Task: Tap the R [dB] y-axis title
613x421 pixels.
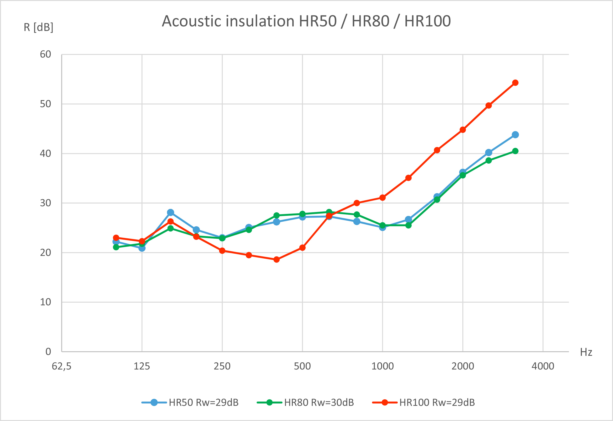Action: coord(39,27)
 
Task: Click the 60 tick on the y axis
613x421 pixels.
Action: coord(45,54)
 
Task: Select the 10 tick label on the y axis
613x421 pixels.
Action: coord(45,302)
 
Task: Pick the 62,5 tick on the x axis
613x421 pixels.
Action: coord(61,366)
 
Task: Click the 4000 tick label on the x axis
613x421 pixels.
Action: coord(543,366)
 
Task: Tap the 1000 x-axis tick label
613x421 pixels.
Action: coord(382,366)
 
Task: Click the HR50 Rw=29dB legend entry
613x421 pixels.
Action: coord(190,403)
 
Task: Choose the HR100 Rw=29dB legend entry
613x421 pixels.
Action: coord(424,403)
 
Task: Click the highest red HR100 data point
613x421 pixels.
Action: coord(515,83)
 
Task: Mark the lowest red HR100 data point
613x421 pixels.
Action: coord(276,259)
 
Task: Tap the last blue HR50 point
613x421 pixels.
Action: coord(515,135)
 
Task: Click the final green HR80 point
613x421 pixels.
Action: coord(515,151)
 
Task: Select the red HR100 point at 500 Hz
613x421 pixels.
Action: coord(303,248)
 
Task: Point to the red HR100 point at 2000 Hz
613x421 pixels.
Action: coord(463,130)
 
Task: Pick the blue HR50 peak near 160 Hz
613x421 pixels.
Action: coord(171,212)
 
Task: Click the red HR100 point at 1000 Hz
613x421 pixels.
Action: coord(382,198)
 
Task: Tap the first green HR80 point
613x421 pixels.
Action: coord(116,247)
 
